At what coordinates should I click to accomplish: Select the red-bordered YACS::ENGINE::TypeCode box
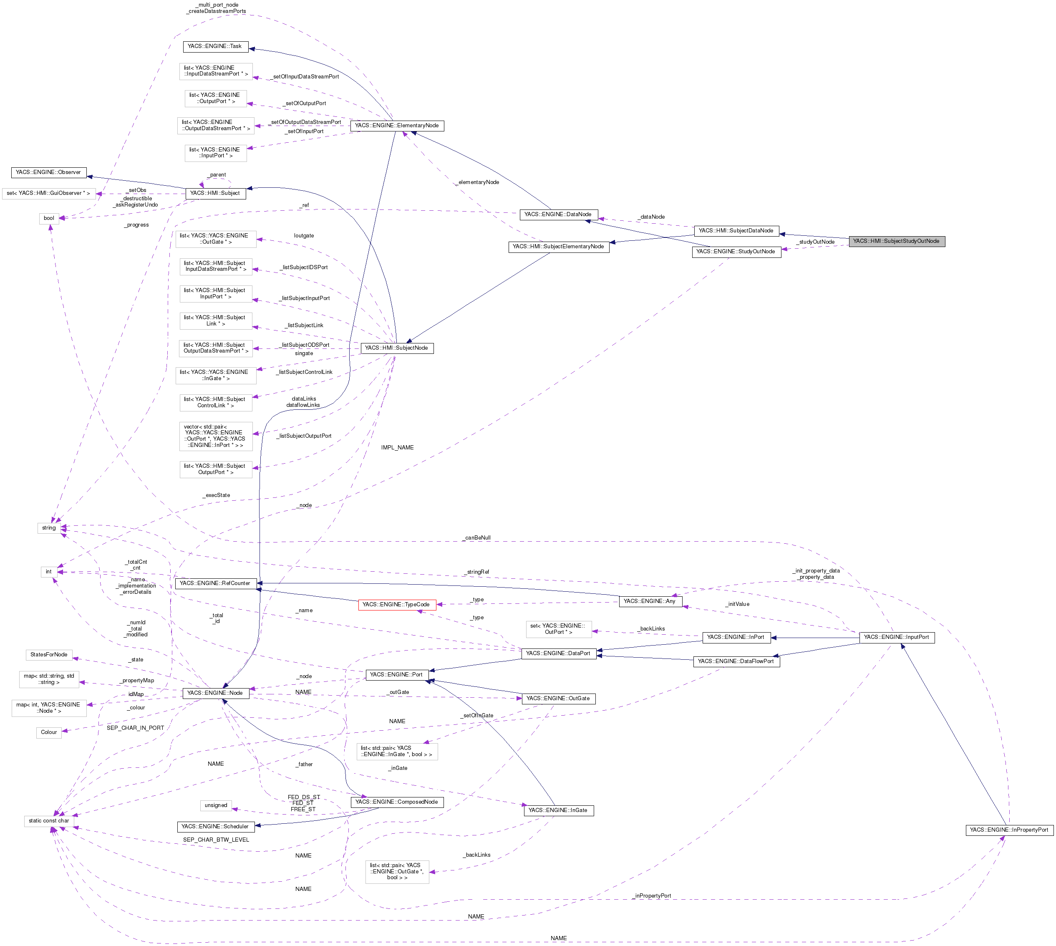396,605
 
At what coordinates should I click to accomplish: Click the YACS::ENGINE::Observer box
48,172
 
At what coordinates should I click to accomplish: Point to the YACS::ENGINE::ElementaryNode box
396,126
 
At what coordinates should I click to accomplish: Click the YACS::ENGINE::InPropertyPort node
1009,830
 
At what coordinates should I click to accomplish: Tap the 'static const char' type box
49,821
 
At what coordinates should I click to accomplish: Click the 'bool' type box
49,218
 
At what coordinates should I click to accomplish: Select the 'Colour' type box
49,732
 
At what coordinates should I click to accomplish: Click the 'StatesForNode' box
49,654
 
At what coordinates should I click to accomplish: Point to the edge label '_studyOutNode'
815,242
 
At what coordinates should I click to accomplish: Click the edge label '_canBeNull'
476,537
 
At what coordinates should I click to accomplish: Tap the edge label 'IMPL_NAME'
397,447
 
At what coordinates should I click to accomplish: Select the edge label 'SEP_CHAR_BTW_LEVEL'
216,840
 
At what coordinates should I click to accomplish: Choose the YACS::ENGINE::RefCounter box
215,583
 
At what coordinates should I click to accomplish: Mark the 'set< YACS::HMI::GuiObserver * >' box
48,193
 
